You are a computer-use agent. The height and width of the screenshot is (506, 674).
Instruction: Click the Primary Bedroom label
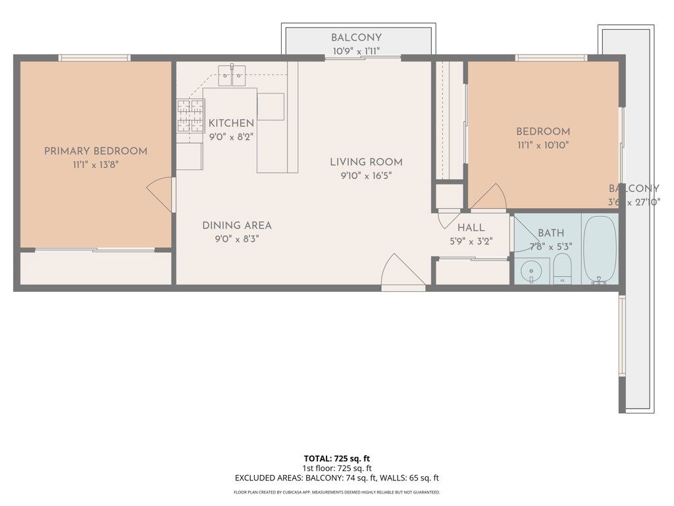tap(95, 151)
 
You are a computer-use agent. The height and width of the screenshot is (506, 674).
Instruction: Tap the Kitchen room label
tap(231, 123)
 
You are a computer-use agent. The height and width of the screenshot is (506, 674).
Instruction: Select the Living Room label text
tap(366, 162)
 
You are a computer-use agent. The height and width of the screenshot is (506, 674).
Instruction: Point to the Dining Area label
tap(236, 225)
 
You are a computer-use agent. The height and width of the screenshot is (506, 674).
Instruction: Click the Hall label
tap(471, 228)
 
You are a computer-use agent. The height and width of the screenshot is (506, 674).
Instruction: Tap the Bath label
tap(551, 233)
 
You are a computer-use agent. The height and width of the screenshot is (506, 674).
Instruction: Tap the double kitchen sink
tap(232, 76)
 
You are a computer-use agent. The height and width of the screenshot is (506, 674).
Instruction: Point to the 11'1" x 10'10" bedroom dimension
tap(542, 145)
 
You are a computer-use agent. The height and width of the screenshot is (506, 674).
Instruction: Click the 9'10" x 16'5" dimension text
tap(366, 176)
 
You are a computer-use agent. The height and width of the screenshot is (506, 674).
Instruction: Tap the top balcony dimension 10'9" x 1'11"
tap(355, 51)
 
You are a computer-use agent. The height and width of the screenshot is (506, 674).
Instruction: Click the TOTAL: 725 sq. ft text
tap(336, 458)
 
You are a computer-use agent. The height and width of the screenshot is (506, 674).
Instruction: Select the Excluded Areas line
tap(336, 478)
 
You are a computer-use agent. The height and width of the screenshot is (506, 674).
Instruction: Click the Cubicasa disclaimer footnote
tap(336, 492)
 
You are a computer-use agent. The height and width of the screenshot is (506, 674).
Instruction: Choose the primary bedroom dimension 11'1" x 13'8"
tap(95, 165)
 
